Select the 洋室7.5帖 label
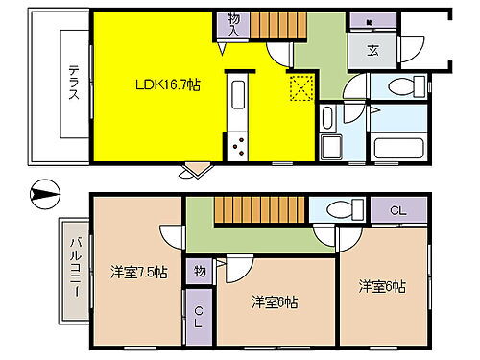click(x=140, y=273)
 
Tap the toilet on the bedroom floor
click(x=341, y=208)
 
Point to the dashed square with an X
click(x=302, y=89)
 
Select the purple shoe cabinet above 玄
click(x=372, y=21)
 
